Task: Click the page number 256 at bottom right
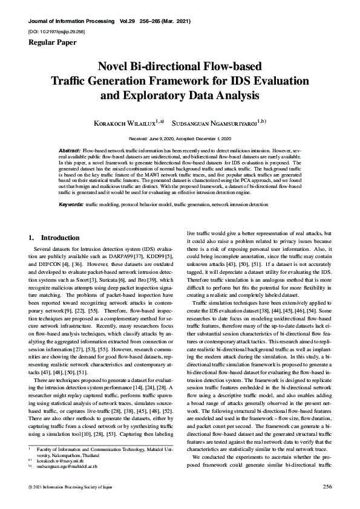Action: (x=328, y=486)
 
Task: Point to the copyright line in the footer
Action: (x=67, y=486)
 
